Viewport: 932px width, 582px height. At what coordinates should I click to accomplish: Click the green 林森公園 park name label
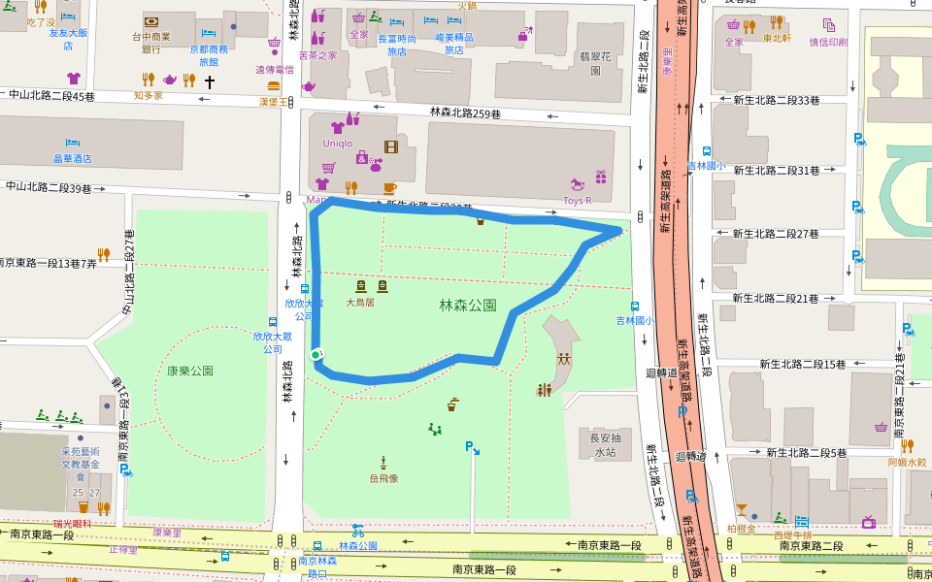pyautogui.click(x=467, y=306)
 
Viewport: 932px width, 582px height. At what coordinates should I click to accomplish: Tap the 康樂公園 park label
pyautogui.click(x=189, y=371)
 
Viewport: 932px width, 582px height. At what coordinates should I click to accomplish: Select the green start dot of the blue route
pyautogui.click(x=316, y=355)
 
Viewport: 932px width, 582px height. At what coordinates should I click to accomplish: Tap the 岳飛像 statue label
pyautogui.click(x=383, y=477)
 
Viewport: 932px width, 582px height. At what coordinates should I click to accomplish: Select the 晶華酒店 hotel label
pyautogui.click(x=72, y=158)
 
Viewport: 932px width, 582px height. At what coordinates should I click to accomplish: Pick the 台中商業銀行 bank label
pyautogui.click(x=151, y=43)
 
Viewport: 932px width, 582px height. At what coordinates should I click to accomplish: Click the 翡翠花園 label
pyautogui.click(x=595, y=63)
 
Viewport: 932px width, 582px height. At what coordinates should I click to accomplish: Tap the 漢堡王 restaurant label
pyautogui.click(x=274, y=102)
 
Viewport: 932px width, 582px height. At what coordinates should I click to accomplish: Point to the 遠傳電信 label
pyautogui.click(x=274, y=70)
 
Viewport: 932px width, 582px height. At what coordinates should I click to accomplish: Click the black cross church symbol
pyautogui.click(x=209, y=81)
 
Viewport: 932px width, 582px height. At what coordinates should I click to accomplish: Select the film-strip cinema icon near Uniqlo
pyautogui.click(x=390, y=147)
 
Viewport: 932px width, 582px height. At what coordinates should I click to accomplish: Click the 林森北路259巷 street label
pyautogui.click(x=465, y=113)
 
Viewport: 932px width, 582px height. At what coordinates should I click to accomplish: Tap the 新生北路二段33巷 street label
pyautogui.click(x=776, y=100)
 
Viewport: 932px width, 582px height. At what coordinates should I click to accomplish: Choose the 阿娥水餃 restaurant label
pyautogui.click(x=907, y=462)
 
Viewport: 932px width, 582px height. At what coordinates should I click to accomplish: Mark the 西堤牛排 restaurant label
pyautogui.click(x=791, y=534)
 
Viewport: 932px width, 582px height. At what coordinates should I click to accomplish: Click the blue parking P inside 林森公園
pyautogui.click(x=471, y=447)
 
